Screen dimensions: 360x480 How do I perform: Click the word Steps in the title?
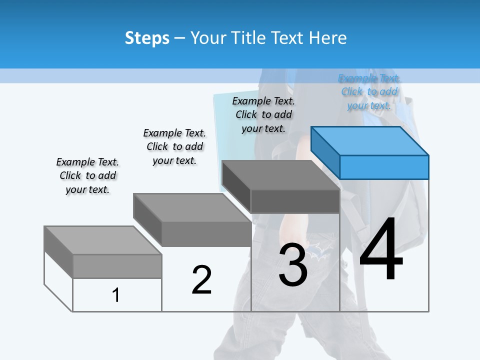point(147,38)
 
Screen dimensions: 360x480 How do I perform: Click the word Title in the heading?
point(247,38)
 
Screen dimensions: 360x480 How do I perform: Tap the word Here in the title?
point(328,38)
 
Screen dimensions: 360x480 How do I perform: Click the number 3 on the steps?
point(293,265)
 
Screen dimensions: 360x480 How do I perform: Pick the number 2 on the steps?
point(202,280)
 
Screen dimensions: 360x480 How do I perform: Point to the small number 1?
point(116,295)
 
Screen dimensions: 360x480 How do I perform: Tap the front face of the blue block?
point(384,167)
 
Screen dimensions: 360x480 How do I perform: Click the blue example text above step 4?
point(369,91)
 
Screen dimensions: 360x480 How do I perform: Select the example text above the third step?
point(263,114)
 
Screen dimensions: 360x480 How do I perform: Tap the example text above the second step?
point(174,146)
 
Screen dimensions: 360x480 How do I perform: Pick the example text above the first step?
point(87,175)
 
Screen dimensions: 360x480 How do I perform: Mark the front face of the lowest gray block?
point(117,266)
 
